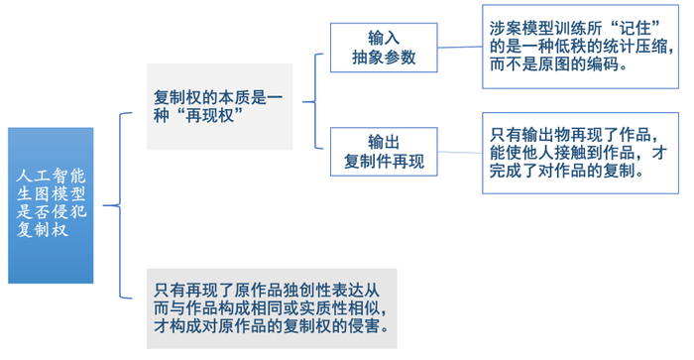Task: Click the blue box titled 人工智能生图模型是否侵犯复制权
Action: click(51, 205)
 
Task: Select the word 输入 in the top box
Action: click(384, 38)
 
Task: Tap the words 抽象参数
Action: click(384, 58)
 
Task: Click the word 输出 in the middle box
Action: click(384, 142)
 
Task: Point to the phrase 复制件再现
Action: click(384, 162)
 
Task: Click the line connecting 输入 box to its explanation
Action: click(460, 47)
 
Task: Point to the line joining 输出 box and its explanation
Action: click(460, 153)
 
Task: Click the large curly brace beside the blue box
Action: click(120, 205)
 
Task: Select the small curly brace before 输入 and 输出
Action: click(315, 101)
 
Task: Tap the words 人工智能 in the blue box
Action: click(51, 176)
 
